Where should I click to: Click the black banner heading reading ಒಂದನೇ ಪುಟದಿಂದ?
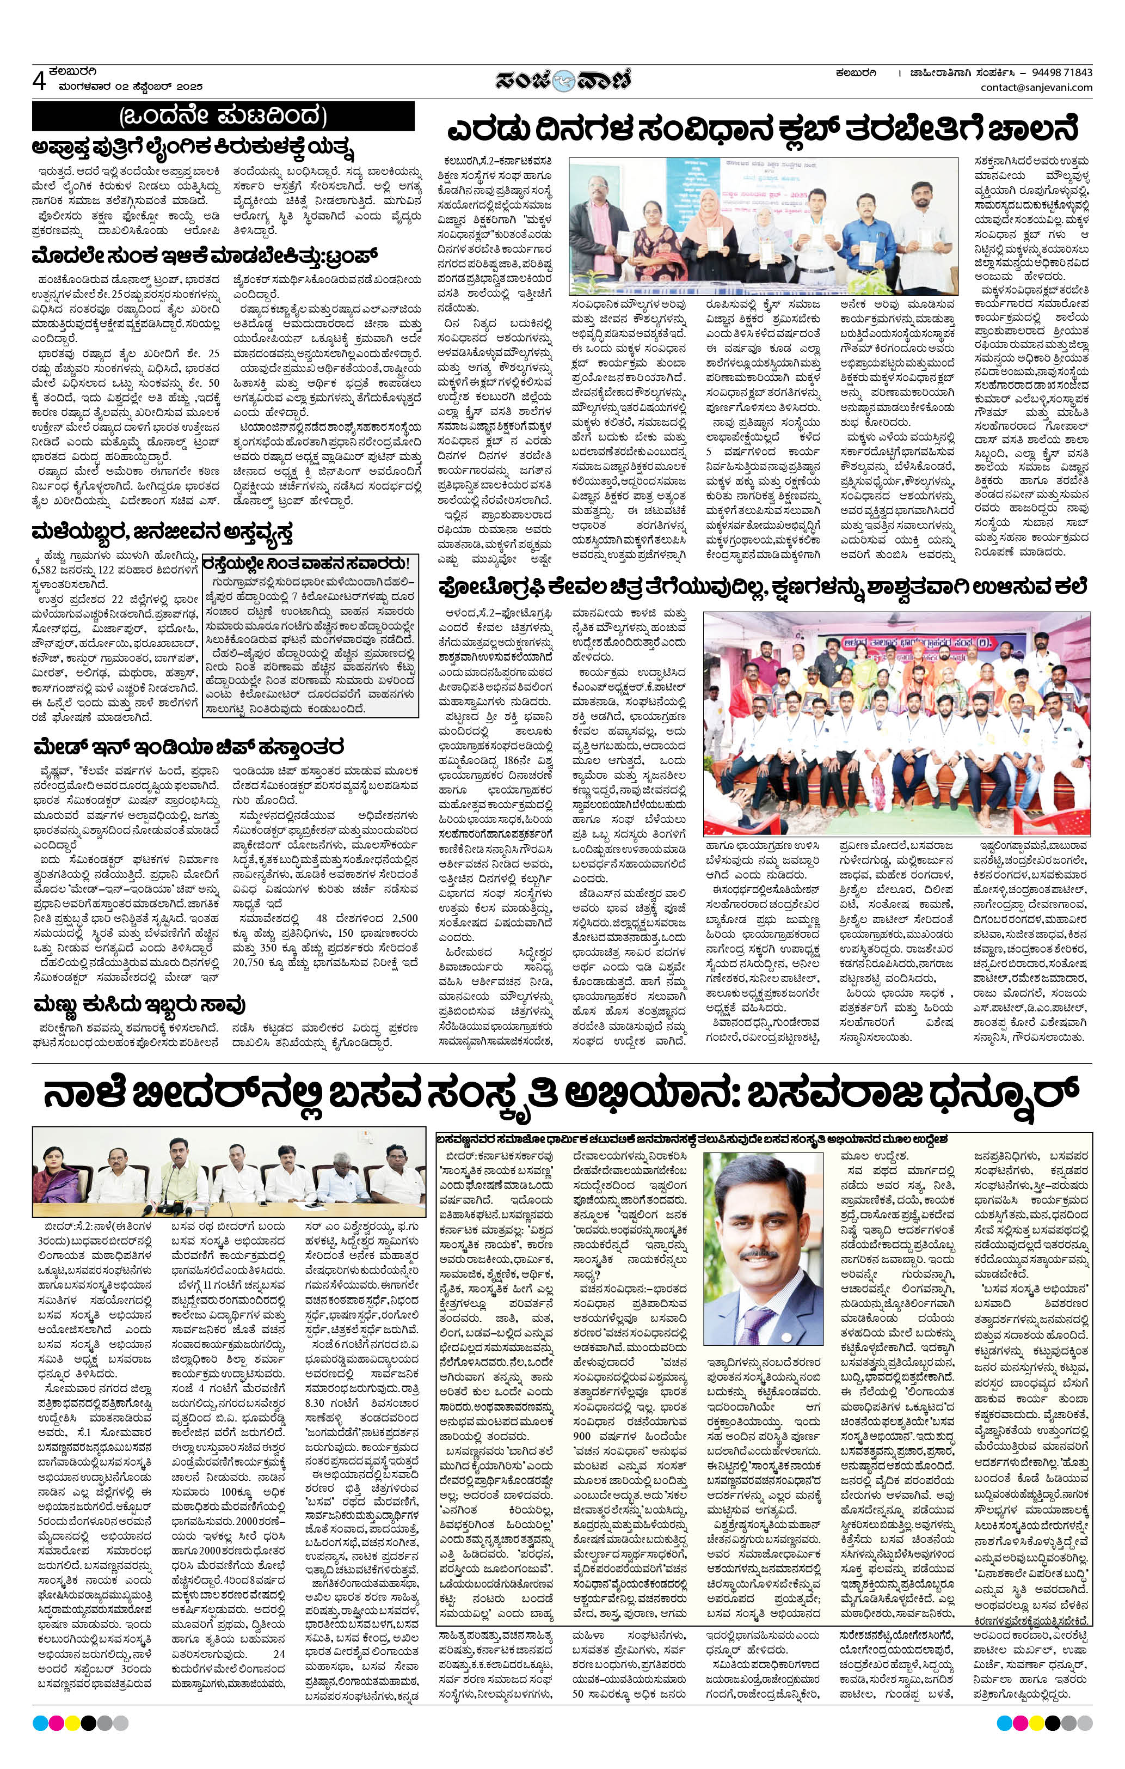pyautogui.click(x=223, y=116)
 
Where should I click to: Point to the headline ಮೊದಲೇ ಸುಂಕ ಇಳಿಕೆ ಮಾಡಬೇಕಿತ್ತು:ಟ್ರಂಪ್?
pyautogui.click(x=205, y=257)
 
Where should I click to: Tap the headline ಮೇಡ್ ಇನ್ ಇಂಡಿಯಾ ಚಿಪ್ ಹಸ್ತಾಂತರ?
pyautogui.click(x=189, y=748)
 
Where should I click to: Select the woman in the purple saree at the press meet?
pyautogui.click(x=55, y=1180)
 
